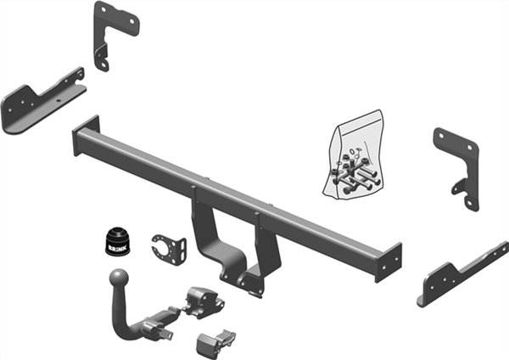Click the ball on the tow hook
pyautogui.click(x=119, y=278)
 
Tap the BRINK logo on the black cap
pyautogui.click(x=117, y=248)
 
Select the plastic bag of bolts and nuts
pyautogui.click(x=354, y=155)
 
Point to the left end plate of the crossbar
pyautogui.click(x=86, y=135)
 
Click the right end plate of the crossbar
pyautogui.click(x=389, y=262)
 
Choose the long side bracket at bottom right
pyautogui.click(x=462, y=274)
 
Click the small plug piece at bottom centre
pyautogui.click(x=215, y=344)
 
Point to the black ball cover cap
pyautogui.click(x=118, y=241)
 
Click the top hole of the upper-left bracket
pyautogui.click(x=103, y=9)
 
